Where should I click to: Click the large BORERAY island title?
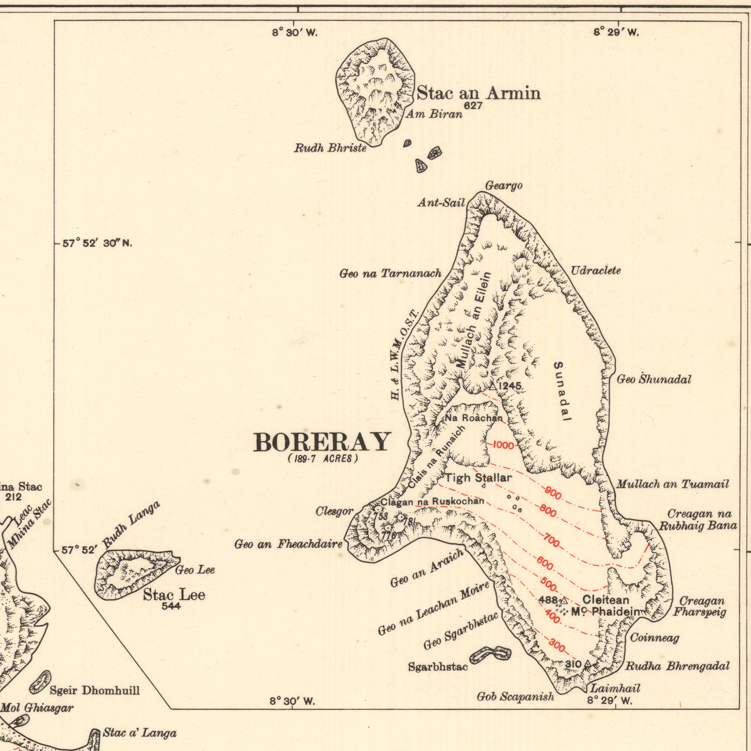click(x=321, y=442)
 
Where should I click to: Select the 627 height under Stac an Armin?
click(x=473, y=106)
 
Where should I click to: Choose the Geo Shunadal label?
click(x=654, y=380)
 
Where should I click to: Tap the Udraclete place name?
click(x=596, y=271)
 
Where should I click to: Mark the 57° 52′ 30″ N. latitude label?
click(x=98, y=244)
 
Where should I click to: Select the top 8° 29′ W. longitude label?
click(x=616, y=33)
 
